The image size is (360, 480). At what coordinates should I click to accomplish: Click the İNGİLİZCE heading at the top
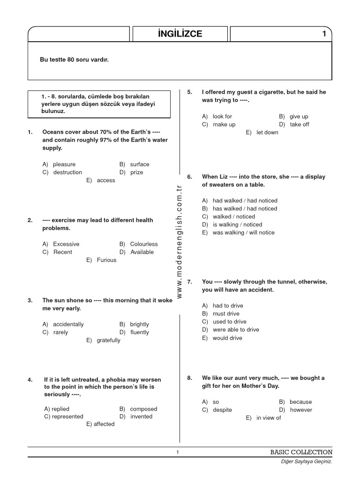180,34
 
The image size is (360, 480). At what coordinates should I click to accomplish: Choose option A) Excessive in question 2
61,244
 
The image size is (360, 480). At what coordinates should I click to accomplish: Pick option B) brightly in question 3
134,324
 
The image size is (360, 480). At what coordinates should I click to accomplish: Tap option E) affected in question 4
100,424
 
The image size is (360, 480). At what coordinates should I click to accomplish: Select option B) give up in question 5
293,117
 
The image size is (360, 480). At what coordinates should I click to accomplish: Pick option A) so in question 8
211,402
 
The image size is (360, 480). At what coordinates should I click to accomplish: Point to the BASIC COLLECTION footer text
301,452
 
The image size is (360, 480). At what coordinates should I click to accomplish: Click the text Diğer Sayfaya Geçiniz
306,462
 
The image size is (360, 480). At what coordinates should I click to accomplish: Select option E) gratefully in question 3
103,340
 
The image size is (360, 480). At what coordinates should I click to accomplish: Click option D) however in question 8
295,410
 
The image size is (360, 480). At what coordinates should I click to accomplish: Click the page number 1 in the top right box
324,34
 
